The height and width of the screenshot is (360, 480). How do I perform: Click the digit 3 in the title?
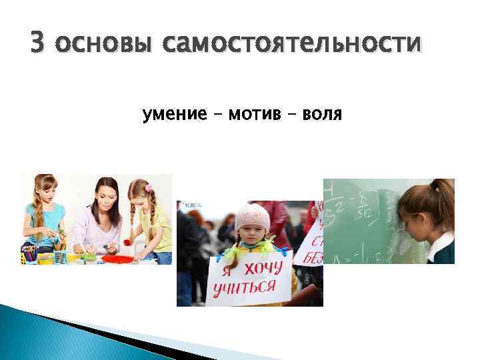pyautogui.click(x=39, y=43)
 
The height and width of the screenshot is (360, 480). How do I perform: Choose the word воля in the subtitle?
pyautogui.click(x=322, y=115)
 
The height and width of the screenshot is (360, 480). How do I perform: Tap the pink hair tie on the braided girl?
pyautogui.click(x=148, y=189)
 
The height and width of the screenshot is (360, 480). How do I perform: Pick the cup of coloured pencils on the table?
pyautogui.click(x=29, y=253)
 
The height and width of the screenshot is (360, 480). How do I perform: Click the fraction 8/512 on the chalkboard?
pyautogui.click(x=383, y=204)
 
